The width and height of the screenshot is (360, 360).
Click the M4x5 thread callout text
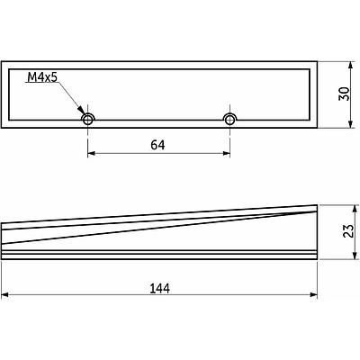click(x=42, y=77)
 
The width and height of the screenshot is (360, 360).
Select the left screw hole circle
click(x=87, y=120)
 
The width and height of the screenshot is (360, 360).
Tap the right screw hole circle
click(x=229, y=120)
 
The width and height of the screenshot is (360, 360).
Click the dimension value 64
click(x=157, y=145)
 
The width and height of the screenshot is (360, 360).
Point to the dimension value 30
click(x=344, y=94)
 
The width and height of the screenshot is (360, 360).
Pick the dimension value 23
click(x=348, y=231)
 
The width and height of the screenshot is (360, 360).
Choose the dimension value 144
click(x=159, y=289)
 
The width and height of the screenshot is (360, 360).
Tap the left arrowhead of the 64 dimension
click(x=91, y=154)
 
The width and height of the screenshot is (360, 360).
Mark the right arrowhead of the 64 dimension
click(x=226, y=154)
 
